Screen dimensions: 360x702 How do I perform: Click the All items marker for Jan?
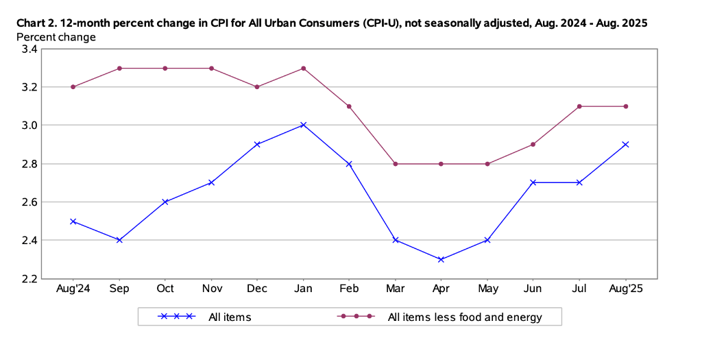(303, 125)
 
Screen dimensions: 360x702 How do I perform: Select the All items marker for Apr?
(441, 259)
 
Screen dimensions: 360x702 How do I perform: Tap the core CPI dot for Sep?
(119, 68)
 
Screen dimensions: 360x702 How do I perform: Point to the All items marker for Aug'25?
(625, 144)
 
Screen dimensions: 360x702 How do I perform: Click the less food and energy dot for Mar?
(395, 164)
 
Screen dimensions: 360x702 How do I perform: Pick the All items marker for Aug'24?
(73, 221)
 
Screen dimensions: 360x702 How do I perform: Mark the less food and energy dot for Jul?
(579, 106)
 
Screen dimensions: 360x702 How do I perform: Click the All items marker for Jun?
(533, 182)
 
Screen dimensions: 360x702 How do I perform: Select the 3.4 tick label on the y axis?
(29, 49)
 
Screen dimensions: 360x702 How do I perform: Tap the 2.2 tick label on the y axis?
(29, 278)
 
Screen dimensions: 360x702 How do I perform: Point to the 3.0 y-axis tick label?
(29, 125)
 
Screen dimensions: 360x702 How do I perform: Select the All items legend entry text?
(230, 317)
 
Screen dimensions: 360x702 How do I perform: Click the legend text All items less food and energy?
(465, 317)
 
